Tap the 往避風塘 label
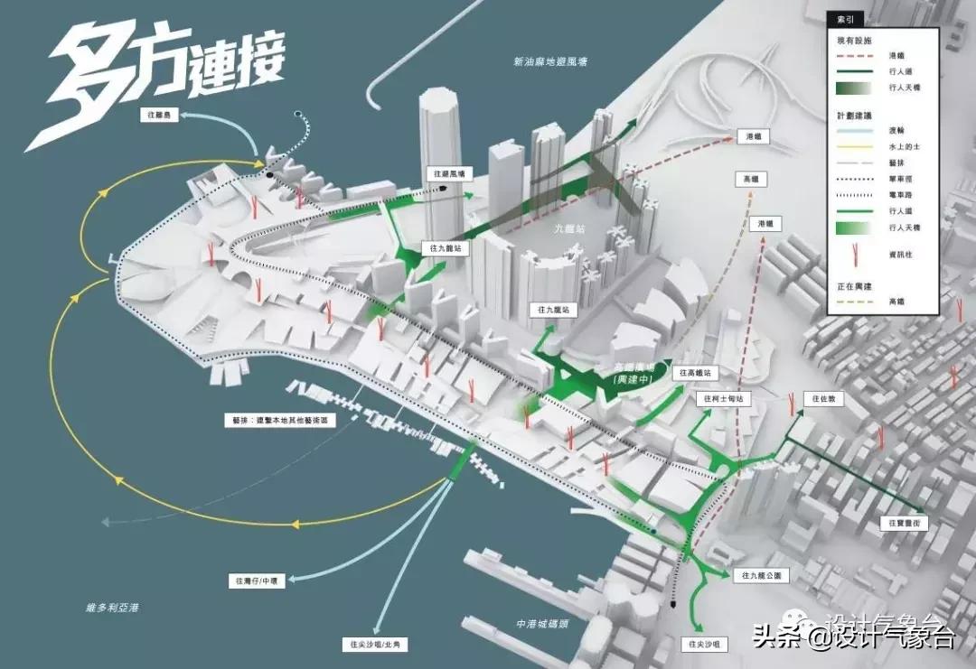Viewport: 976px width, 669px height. click(448, 172)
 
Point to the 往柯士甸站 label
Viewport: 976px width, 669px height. click(720, 398)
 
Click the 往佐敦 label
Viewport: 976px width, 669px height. click(824, 398)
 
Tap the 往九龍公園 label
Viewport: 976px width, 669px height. click(765, 575)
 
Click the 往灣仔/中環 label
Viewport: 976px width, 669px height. click(259, 582)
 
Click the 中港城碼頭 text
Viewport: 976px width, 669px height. click(540, 623)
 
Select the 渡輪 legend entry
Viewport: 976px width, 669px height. click(899, 129)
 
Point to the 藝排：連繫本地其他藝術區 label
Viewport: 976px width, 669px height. click(279, 420)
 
